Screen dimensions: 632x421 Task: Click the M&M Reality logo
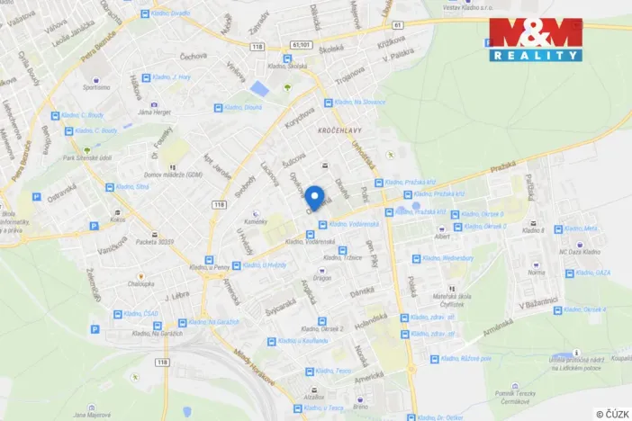tap(536, 40)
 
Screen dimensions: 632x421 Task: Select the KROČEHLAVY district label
tap(339, 130)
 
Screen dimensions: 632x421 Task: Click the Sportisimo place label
tap(95, 88)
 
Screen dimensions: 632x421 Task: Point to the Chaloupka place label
tap(140, 283)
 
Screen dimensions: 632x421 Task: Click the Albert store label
tap(441, 237)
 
